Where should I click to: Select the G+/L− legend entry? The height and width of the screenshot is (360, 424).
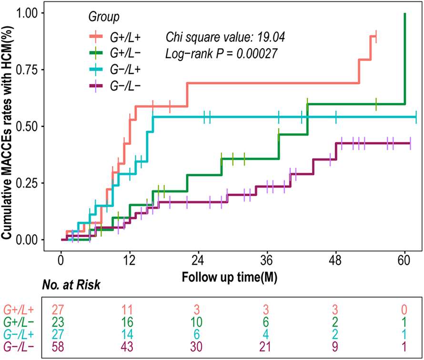tap(122, 52)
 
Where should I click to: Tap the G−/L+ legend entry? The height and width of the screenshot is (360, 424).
tap(122, 69)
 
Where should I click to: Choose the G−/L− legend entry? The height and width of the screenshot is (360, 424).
tap(122, 86)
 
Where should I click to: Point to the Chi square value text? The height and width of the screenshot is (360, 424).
tap(225, 36)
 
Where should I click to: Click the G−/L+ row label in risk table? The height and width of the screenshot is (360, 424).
tap(20, 334)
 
